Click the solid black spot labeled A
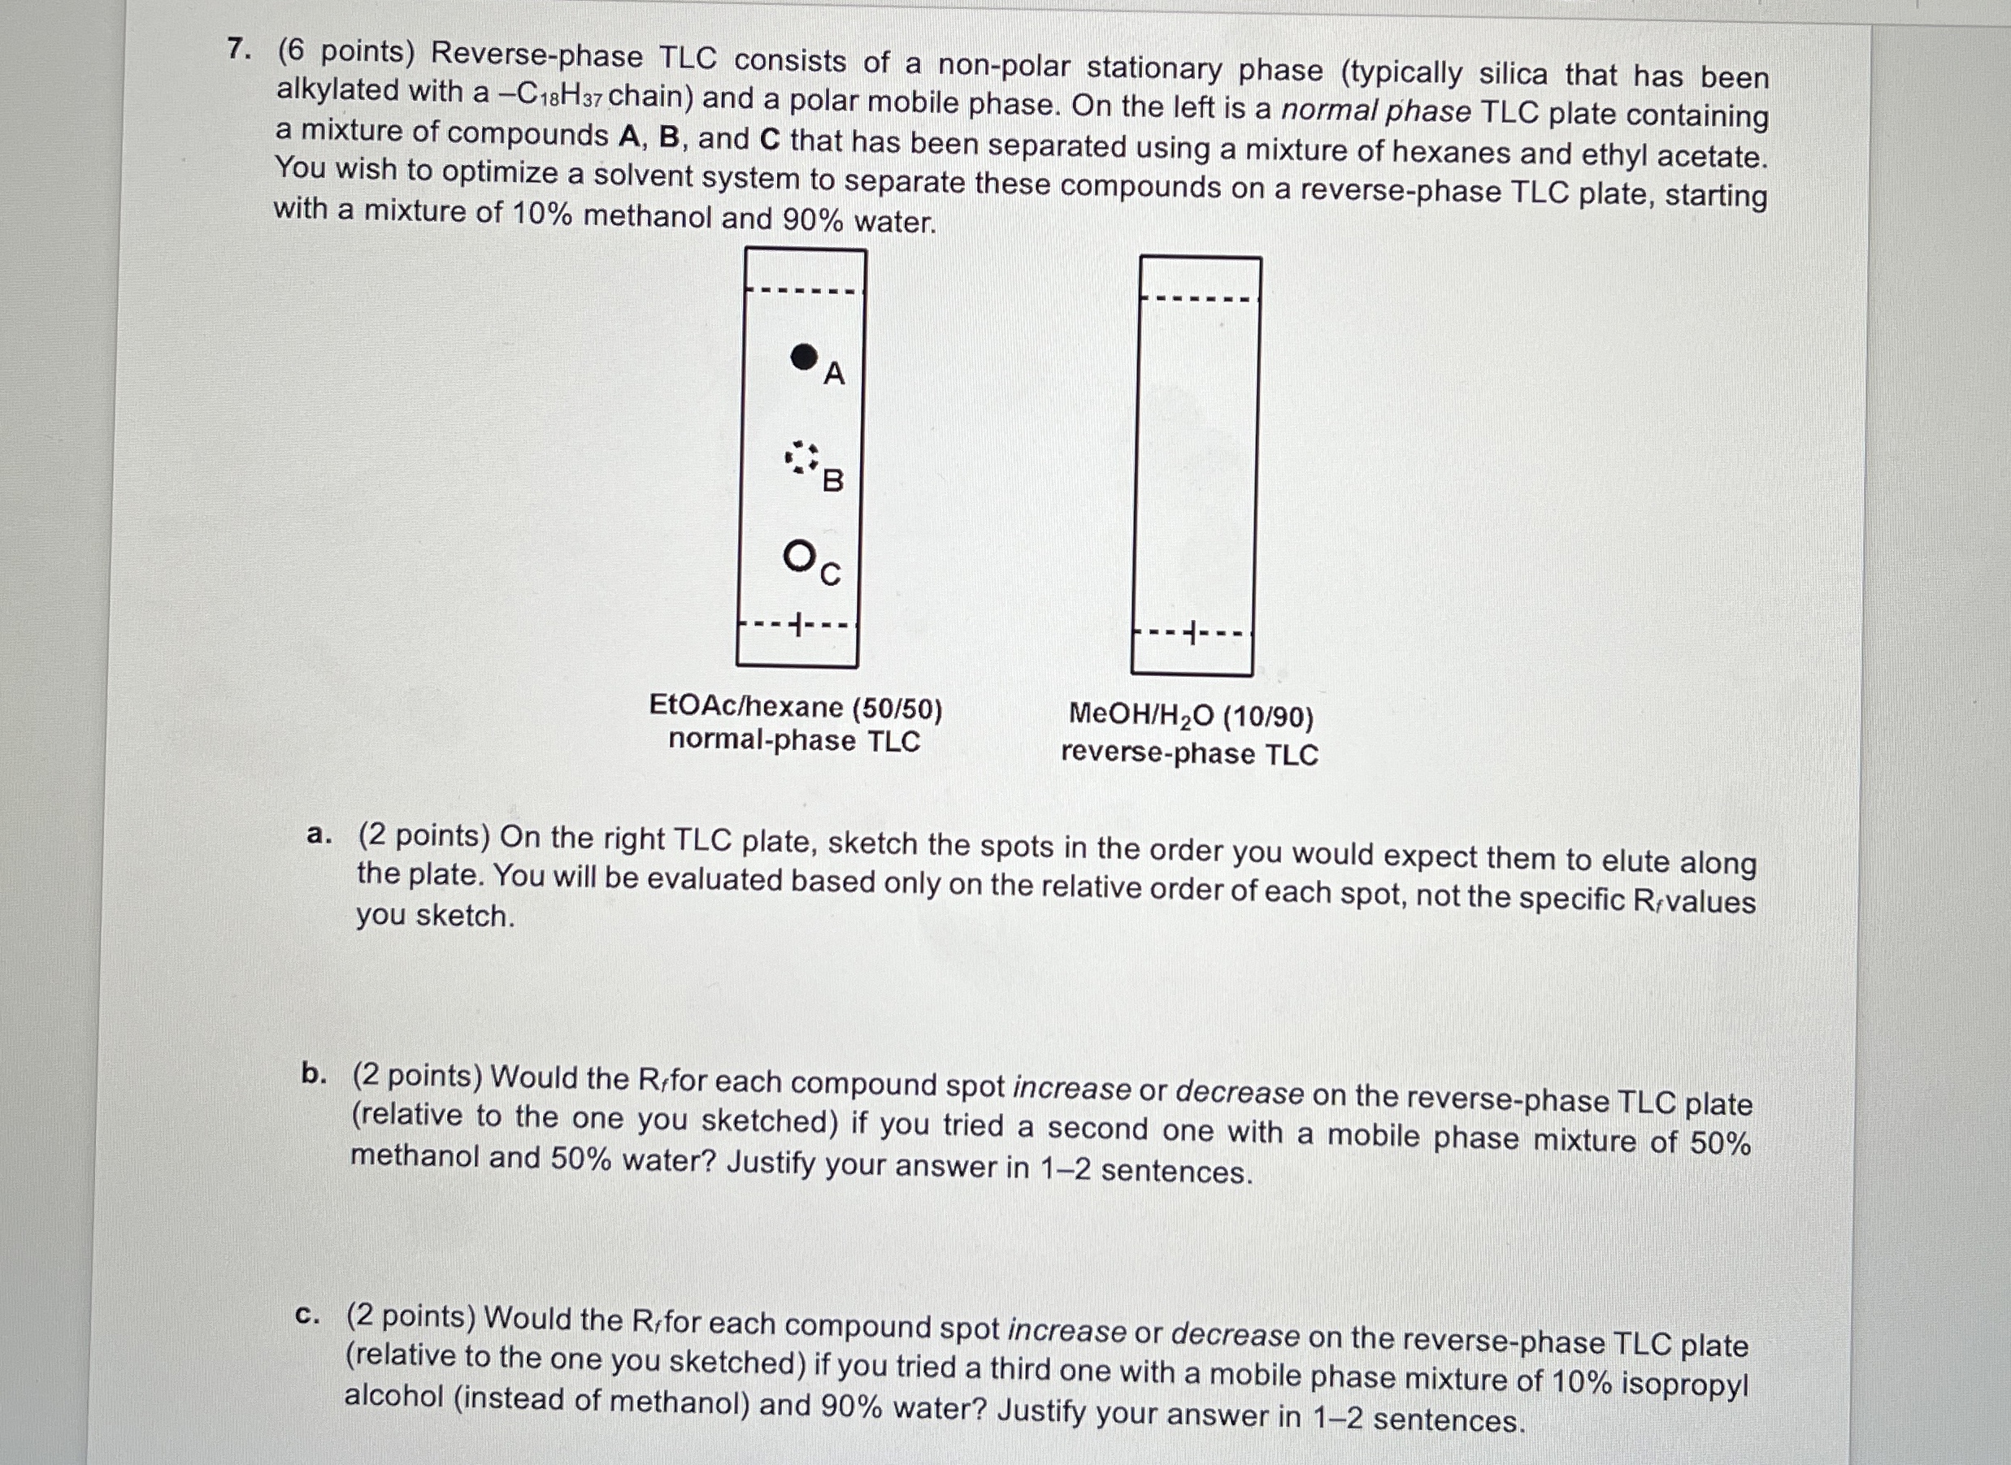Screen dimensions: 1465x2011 (x=804, y=357)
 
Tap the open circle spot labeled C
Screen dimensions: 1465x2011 (x=798, y=556)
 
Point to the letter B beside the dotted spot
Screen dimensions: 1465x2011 (x=833, y=481)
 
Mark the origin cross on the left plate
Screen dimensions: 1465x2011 (x=798, y=625)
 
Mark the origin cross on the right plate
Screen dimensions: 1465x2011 (x=1193, y=634)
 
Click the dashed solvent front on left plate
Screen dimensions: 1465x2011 (x=804, y=290)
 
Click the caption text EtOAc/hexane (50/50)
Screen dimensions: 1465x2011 (x=796, y=707)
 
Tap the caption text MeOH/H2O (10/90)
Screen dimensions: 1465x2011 (x=1191, y=715)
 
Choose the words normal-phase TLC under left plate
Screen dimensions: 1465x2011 (x=794, y=740)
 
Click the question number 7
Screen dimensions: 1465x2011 (x=237, y=50)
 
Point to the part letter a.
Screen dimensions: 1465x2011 (x=317, y=834)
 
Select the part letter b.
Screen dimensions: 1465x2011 (x=312, y=1074)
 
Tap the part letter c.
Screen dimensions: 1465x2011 (x=307, y=1315)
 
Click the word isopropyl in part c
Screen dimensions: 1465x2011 (x=1684, y=1385)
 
